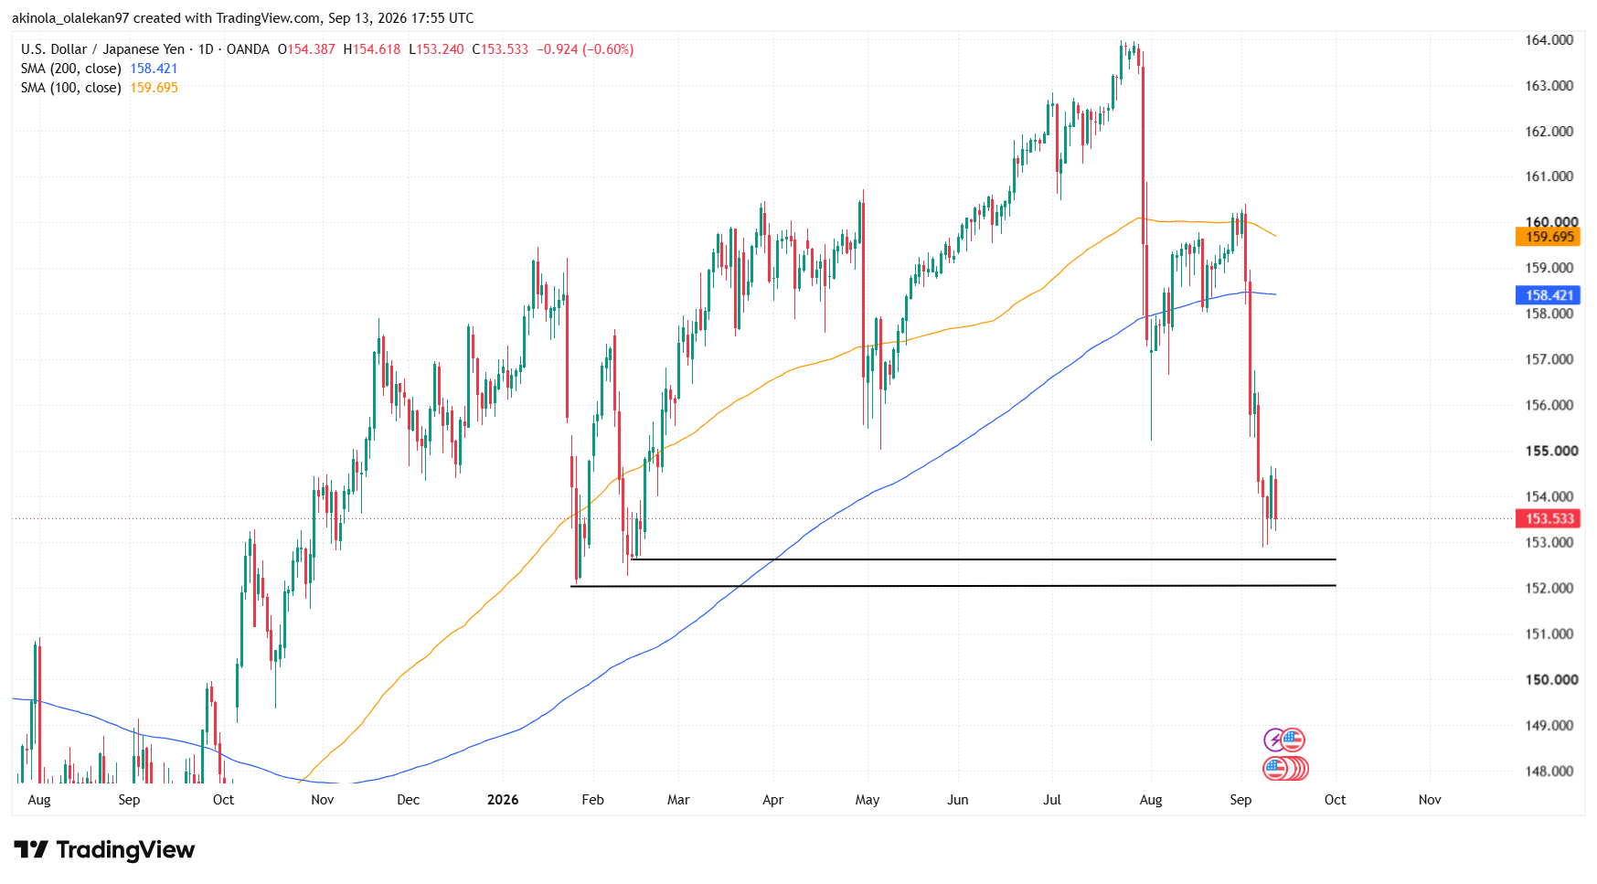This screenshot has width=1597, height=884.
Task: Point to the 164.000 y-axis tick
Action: [1549, 40]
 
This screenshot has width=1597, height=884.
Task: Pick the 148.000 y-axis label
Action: [1549, 771]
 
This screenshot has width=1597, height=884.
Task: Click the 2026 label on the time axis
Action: [503, 800]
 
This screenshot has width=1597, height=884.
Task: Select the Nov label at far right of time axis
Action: [1430, 800]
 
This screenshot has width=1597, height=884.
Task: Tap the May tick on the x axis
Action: [868, 800]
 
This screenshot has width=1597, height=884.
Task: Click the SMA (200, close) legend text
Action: [71, 69]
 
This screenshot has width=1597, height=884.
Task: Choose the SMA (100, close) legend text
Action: [71, 88]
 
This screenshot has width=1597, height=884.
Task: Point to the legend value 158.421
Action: [154, 69]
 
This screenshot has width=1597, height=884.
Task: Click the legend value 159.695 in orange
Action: [154, 88]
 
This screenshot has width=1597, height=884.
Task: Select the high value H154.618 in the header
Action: [372, 49]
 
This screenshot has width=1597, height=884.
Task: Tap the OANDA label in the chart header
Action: [248, 49]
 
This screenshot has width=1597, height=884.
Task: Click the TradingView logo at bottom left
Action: [104, 850]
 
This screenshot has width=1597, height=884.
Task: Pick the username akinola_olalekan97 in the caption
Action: [70, 18]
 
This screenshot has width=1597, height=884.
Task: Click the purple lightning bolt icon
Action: [1274, 740]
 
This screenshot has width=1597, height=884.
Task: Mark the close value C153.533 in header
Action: [500, 49]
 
